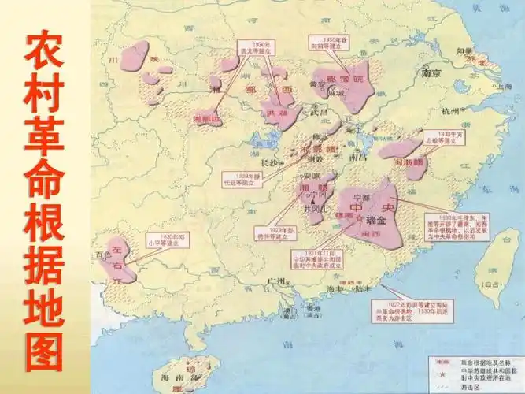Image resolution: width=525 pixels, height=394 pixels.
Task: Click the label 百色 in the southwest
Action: coord(101,256)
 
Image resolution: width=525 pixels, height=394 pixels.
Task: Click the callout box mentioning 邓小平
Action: coord(161,240)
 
